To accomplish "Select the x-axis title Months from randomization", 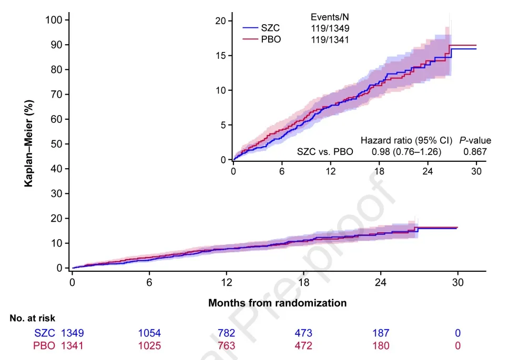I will pyautogui.click(x=277, y=303).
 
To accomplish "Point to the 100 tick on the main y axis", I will pyautogui.click(x=55, y=20).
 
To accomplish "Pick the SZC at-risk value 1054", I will pyautogui.click(x=150, y=333).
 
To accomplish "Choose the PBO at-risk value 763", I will pyautogui.click(x=227, y=346).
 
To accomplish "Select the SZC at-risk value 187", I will pyautogui.click(x=381, y=333).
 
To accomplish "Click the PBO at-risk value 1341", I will pyautogui.click(x=73, y=346).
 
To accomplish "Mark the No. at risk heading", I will pyautogui.click(x=32, y=318).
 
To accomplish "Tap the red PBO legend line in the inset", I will pyautogui.click(x=250, y=39).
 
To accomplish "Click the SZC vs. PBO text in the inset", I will pyautogui.click(x=325, y=152).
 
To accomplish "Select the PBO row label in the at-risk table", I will pyautogui.click(x=43, y=346).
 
